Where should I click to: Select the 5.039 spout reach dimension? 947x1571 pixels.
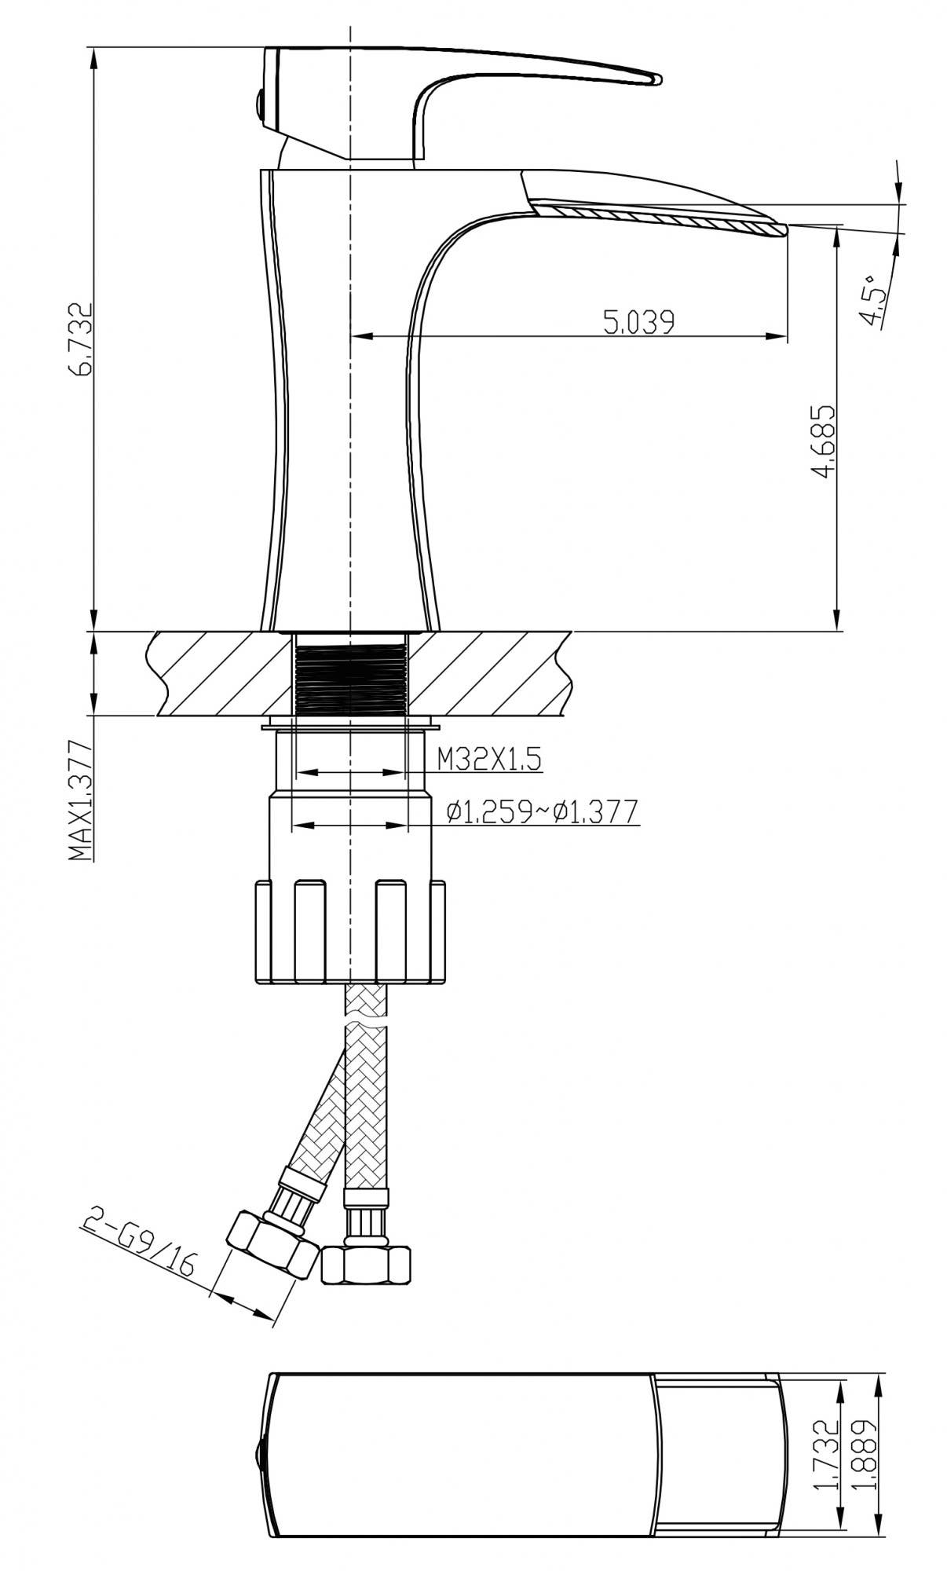click(638, 322)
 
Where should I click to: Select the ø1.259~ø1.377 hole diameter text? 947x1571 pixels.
click(541, 811)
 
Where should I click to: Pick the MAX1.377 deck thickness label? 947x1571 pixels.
click(82, 800)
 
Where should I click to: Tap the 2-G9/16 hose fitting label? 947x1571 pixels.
click(141, 1253)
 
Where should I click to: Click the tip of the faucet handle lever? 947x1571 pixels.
click(656, 79)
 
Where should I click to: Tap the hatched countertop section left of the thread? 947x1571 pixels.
click(220, 674)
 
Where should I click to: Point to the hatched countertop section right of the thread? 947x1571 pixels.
click(487, 674)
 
